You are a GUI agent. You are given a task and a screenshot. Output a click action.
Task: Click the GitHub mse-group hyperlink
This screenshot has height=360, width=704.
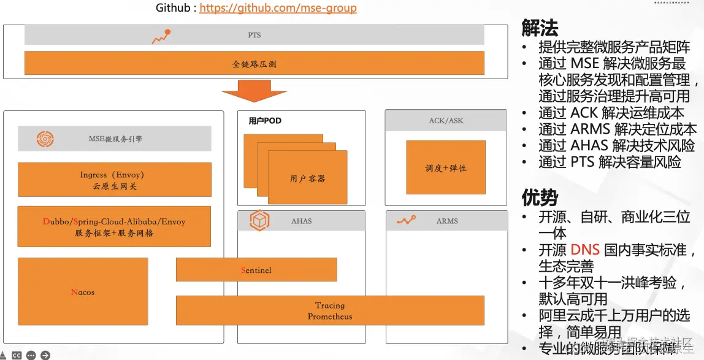click(278, 8)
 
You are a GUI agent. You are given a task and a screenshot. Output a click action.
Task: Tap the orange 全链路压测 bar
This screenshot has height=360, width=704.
click(254, 63)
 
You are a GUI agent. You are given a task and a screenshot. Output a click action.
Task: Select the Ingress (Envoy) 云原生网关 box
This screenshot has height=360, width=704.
click(114, 180)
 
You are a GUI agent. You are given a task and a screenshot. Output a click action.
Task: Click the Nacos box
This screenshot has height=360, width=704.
click(83, 292)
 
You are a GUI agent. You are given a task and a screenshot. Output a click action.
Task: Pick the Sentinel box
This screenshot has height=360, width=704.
click(256, 270)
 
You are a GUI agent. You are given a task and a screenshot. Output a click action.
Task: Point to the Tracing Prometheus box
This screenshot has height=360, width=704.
click(330, 311)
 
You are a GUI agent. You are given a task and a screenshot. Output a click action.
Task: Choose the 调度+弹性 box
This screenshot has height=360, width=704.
click(446, 168)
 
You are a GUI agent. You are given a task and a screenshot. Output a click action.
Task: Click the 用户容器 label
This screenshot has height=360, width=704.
click(307, 178)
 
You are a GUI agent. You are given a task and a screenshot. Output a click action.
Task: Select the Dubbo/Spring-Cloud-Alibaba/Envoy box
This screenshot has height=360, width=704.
click(114, 227)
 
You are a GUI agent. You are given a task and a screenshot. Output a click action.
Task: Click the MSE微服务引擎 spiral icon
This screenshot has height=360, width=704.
click(45, 139)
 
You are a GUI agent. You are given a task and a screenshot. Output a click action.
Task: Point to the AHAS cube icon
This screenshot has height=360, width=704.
click(259, 221)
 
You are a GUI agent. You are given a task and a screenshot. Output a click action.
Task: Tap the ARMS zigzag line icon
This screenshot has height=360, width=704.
click(406, 220)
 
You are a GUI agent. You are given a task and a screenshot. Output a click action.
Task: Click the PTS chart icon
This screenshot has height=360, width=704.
click(161, 36)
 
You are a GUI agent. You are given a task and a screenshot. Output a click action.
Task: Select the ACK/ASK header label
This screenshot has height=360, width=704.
click(446, 121)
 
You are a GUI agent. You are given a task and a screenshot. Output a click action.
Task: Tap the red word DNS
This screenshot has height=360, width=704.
click(584, 250)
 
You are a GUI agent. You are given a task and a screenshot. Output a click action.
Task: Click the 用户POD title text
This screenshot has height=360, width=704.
click(265, 121)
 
